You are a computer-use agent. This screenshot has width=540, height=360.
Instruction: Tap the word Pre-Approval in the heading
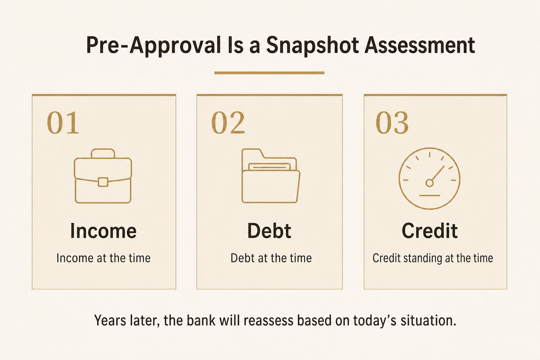pyautogui.click(x=154, y=46)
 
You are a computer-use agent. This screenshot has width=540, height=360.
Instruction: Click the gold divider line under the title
pyautogui.click(x=269, y=73)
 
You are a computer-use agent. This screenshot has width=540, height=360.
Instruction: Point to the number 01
pyautogui.click(x=63, y=123)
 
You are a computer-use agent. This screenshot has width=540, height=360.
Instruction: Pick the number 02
pyautogui.click(x=228, y=123)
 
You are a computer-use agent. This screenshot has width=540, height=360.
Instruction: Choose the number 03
pyautogui.click(x=392, y=123)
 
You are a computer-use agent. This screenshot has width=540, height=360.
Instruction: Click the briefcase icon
pyautogui.click(x=103, y=176)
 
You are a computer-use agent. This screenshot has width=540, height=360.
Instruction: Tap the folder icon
pyautogui.click(x=271, y=176)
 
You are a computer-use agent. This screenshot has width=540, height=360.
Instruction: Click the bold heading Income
pyautogui.click(x=103, y=231)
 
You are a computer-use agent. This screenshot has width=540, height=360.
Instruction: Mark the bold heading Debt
pyautogui.click(x=269, y=231)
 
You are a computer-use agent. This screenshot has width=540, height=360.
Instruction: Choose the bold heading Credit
pyautogui.click(x=430, y=231)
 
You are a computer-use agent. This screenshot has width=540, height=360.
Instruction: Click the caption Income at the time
pyautogui.click(x=103, y=258)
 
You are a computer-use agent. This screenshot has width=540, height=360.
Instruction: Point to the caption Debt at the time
pyautogui.click(x=271, y=258)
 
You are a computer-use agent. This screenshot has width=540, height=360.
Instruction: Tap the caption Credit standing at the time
pyautogui.click(x=433, y=259)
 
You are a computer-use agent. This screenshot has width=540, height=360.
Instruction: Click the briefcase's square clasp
pyautogui.click(x=103, y=182)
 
